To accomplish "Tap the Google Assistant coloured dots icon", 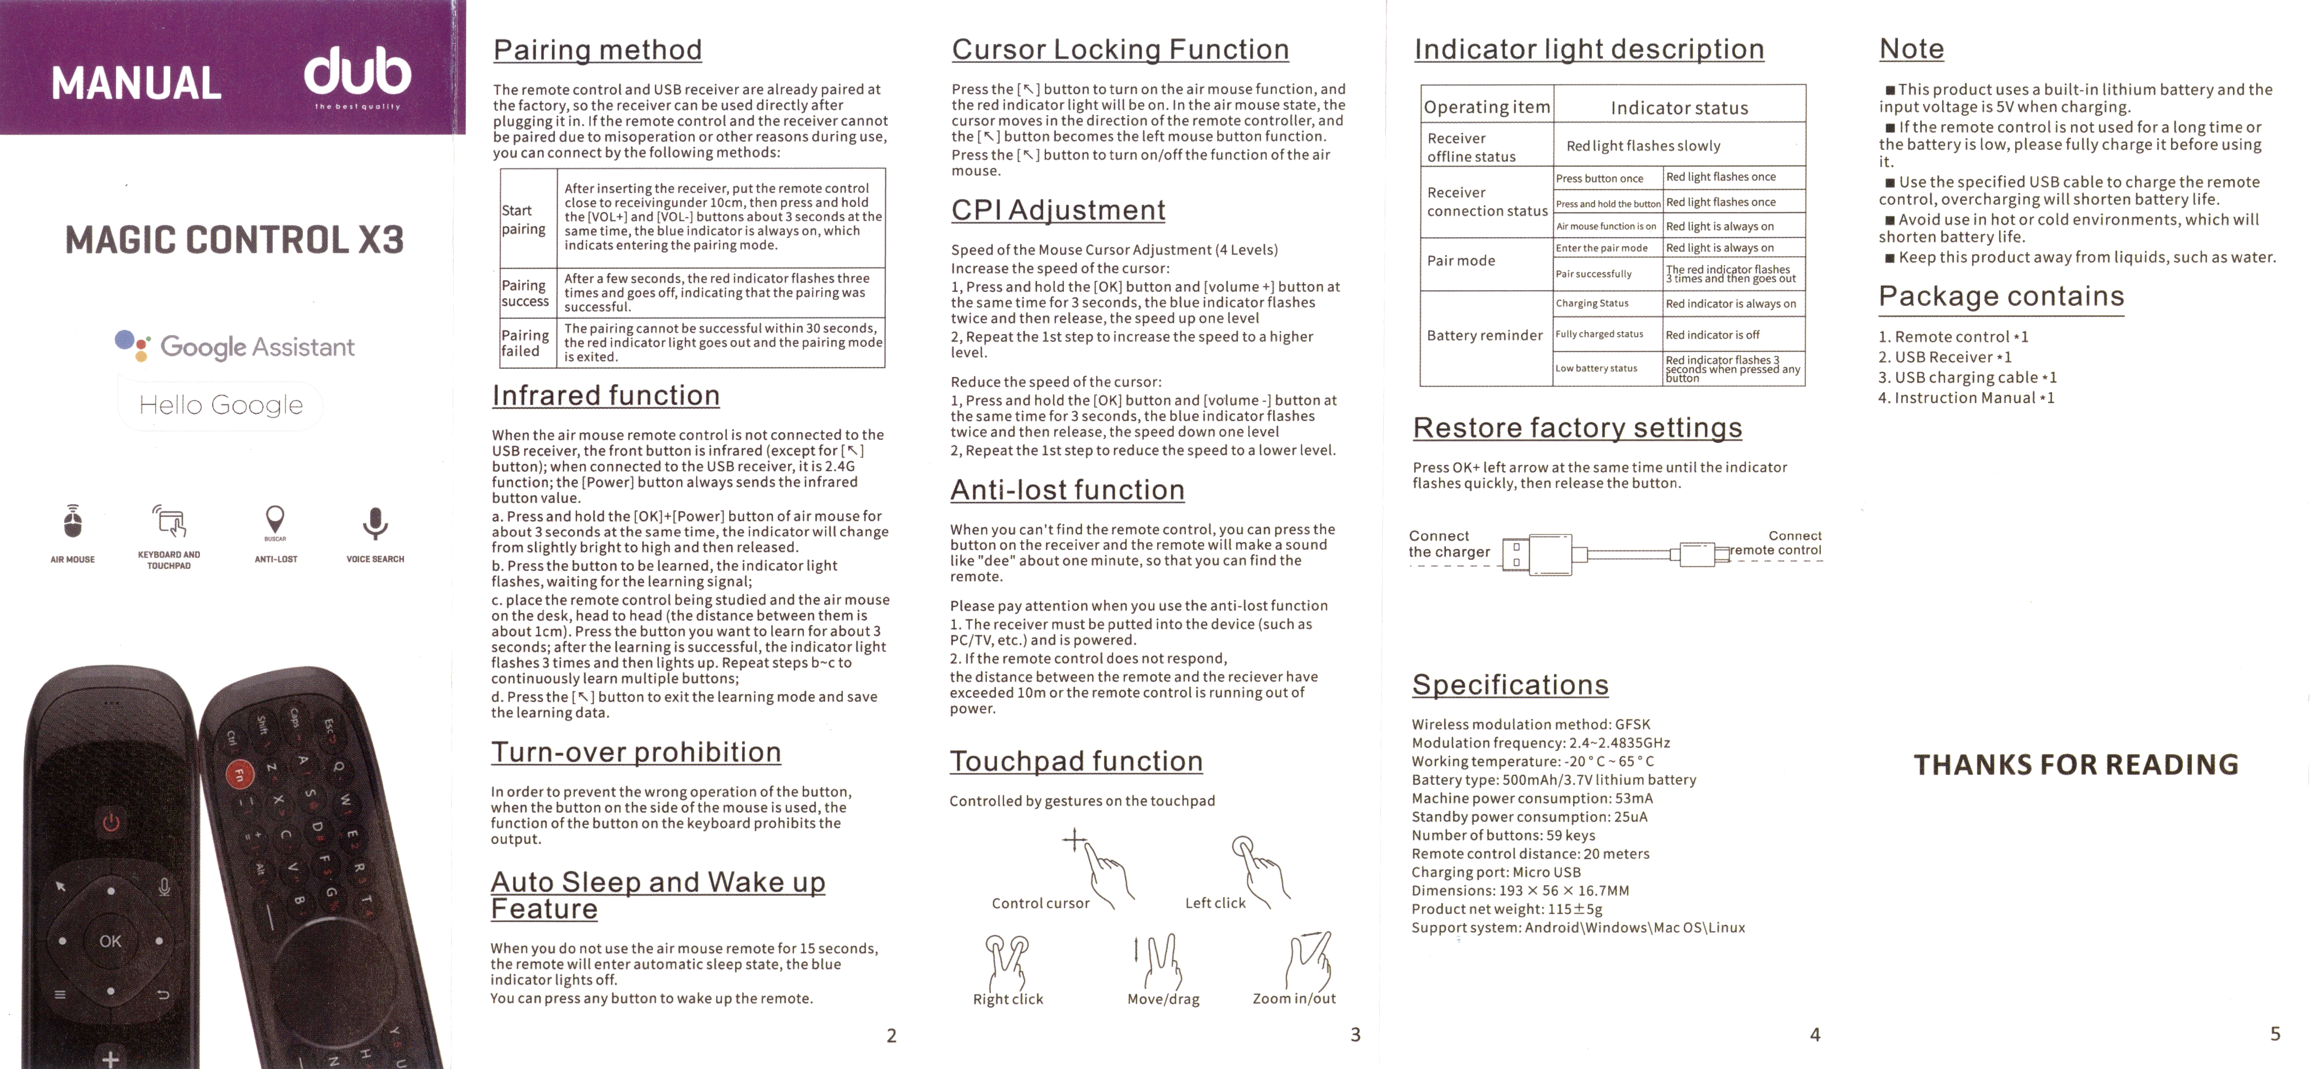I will point(133,345).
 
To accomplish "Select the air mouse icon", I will point(73,522).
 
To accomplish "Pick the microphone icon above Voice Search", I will point(375,522).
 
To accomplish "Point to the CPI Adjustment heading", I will point(1058,210).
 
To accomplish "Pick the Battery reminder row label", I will point(1484,335).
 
